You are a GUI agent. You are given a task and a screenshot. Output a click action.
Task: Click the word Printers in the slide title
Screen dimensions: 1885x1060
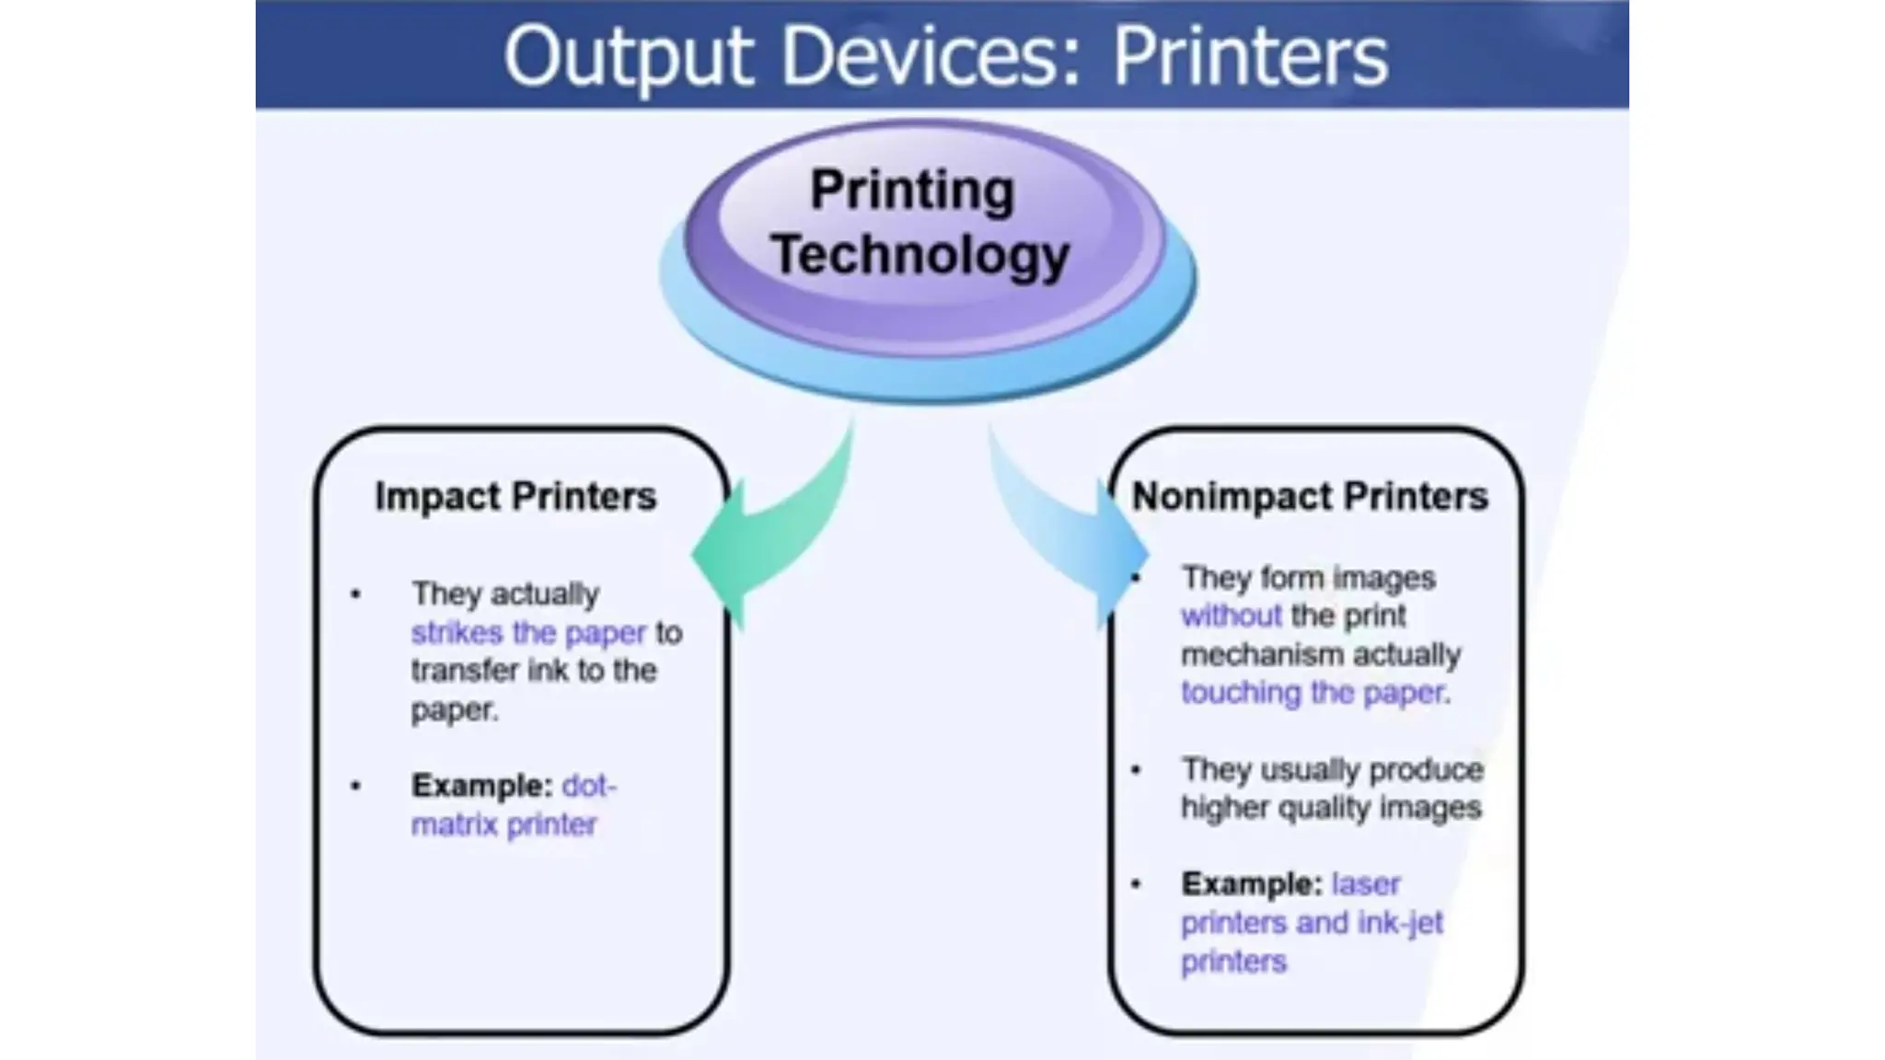click(x=1250, y=57)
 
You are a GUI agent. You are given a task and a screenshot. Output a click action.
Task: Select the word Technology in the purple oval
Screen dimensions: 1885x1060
click(x=920, y=255)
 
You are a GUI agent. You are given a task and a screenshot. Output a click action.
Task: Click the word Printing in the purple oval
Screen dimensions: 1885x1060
click(x=912, y=190)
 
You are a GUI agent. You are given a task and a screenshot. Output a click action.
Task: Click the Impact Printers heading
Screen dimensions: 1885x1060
click(x=515, y=497)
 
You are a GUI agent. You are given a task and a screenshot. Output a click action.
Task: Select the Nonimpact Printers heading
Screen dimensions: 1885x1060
click(x=1310, y=497)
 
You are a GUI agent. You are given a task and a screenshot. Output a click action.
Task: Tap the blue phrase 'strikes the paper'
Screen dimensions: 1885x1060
click(x=528, y=633)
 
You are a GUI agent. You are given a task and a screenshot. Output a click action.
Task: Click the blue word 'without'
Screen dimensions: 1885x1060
click(x=1232, y=616)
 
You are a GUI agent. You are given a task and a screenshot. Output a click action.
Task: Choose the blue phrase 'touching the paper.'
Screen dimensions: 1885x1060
click(x=1315, y=693)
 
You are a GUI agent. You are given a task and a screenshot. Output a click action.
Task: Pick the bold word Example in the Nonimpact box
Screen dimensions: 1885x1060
click(x=1251, y=884)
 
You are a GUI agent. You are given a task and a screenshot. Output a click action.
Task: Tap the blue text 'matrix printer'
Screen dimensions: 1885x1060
click(x=503, y=824)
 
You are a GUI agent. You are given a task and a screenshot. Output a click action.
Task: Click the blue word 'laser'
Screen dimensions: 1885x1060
click(x=1365, y=884)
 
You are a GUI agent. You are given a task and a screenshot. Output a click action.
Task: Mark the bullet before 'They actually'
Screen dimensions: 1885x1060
click(x=356, y=594)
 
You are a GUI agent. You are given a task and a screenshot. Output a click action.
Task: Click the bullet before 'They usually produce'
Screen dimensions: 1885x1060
click(x=1136, y=770)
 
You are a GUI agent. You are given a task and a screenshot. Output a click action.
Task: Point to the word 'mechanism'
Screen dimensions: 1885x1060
click(x=1262, y=655)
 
